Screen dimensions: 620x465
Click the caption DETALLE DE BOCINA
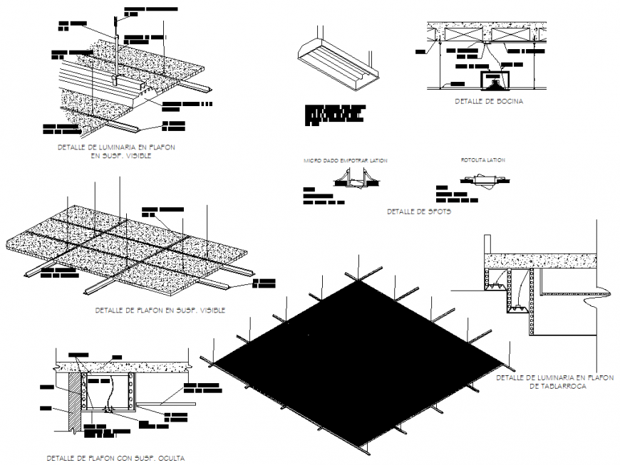(x=488, y=102)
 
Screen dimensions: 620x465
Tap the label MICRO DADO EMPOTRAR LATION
(x=345, y=161)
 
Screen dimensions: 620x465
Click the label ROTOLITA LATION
(x=482, y=161)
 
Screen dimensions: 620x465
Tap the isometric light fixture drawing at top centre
(x=336, y=61)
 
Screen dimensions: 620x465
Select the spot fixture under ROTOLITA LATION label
(x=483, y=182)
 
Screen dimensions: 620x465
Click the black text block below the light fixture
(x=334, y=115)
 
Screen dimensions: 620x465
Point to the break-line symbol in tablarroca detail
(x=590, y=303)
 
